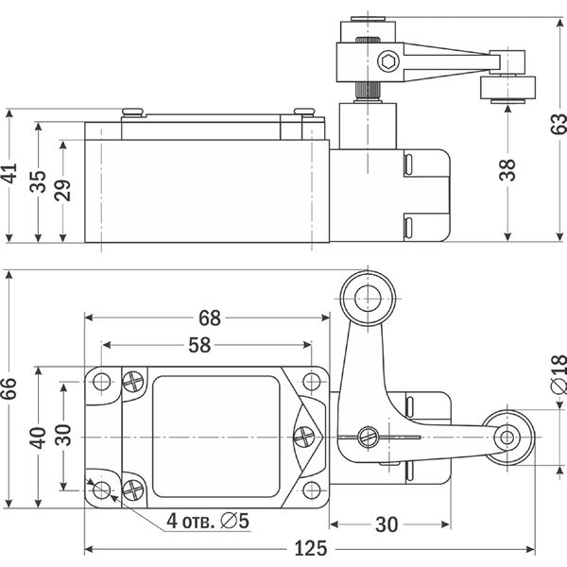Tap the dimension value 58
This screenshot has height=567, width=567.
point(198,345)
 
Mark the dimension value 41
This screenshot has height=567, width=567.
point(10,176)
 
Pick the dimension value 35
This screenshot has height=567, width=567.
point(38,180)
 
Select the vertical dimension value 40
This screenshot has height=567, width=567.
point(38,438)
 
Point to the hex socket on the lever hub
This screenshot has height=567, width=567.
point(387,63)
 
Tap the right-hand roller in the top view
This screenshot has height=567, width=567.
point(507,438)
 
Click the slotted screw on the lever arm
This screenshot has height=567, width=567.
point(369,437)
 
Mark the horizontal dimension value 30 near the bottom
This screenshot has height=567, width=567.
point(386,522)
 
